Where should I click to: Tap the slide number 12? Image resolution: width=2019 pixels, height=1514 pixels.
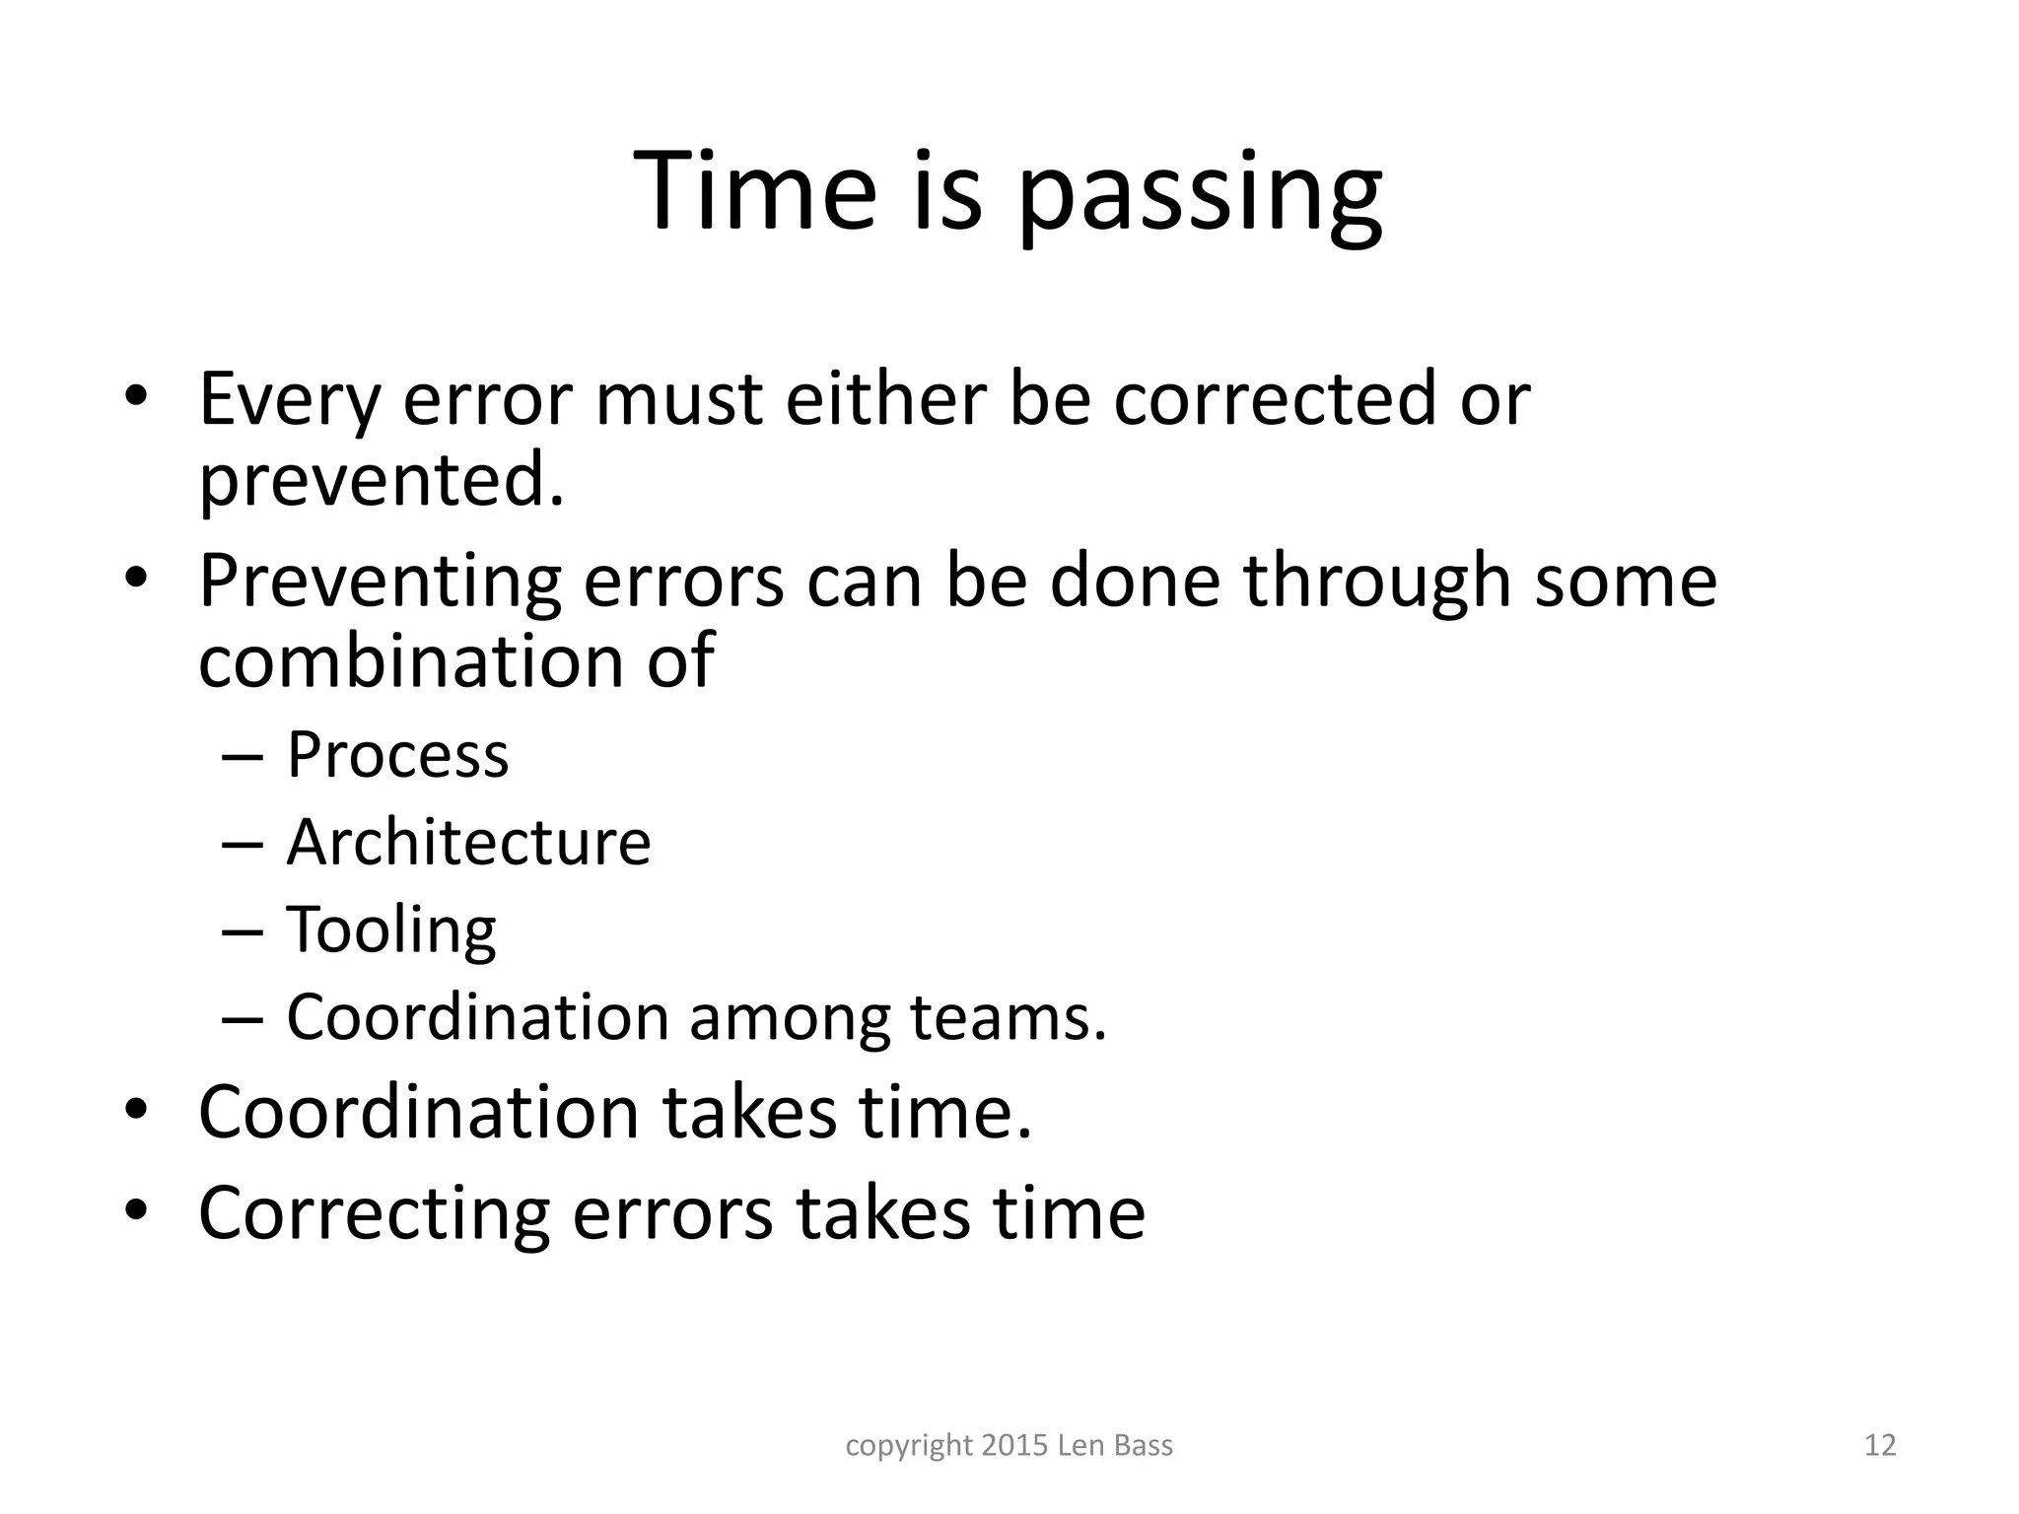click(1880, 1445)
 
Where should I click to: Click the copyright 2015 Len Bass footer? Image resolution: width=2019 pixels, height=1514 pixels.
click(1009, 1445)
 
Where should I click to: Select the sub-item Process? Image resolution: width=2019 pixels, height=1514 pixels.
click(397, 755)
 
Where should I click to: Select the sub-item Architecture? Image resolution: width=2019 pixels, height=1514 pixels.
click(468, 843)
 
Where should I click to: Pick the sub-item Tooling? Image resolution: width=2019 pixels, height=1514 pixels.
click(391, 930)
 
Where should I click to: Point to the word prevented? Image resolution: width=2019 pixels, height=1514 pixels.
click(381, 480)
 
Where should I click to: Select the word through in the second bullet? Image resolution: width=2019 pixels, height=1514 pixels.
click(1376, 582)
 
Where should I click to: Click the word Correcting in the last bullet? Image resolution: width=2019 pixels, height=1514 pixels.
click(374, 1214)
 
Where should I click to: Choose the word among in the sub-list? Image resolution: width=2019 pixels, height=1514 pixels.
click(789, 1019)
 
